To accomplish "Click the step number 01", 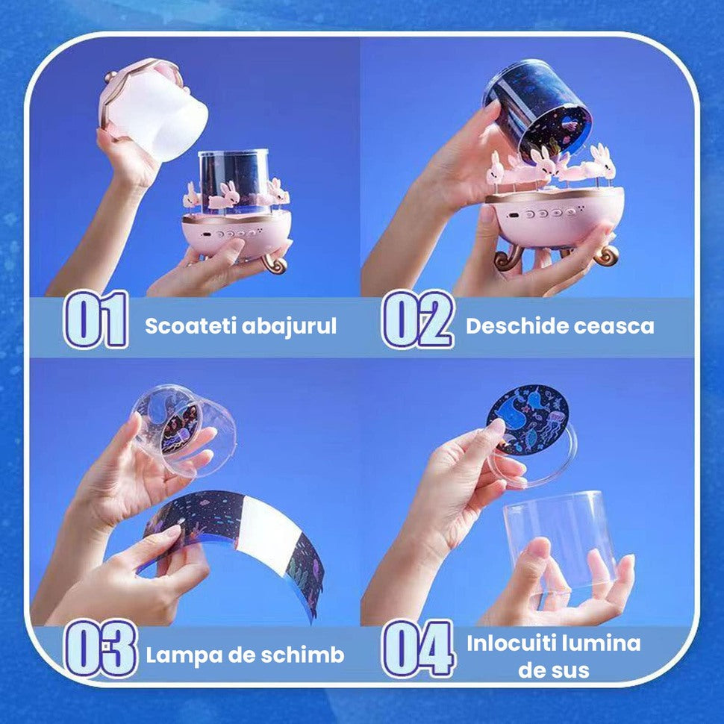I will [96, 322].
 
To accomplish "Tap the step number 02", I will [417, 322].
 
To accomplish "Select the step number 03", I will [100, 648].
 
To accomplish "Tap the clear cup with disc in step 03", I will [184, 429].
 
